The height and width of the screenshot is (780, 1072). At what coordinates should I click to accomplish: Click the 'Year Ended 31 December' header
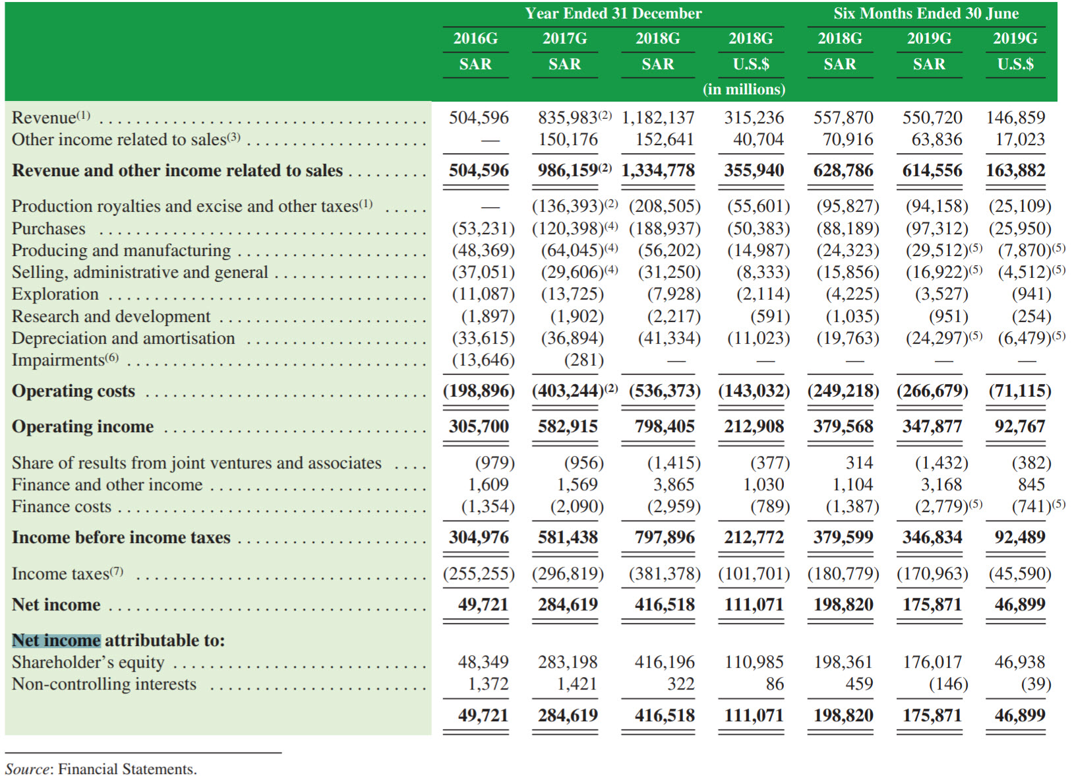612,14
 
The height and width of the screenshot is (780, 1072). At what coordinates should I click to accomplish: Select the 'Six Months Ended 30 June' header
926,14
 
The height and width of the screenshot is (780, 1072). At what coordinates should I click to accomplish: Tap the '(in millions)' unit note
744,89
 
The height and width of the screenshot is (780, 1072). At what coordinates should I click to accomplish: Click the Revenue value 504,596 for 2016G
479,118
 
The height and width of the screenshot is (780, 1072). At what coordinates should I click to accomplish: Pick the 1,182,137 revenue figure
658,118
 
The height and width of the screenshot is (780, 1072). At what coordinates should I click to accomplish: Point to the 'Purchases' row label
49,229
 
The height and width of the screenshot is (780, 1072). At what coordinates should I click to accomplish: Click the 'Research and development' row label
111,317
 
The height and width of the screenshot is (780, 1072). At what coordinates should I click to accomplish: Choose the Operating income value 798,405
665,427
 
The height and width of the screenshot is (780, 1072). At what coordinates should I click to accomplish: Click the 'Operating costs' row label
73,391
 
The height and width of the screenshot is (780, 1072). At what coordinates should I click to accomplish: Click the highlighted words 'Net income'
56,641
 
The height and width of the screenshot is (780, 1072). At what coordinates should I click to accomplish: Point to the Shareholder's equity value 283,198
568,662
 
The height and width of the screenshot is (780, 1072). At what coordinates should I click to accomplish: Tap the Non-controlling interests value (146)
948,684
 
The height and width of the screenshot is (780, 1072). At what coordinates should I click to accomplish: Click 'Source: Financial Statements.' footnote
101,769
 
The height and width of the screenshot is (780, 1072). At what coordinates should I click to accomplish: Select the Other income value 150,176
568,140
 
